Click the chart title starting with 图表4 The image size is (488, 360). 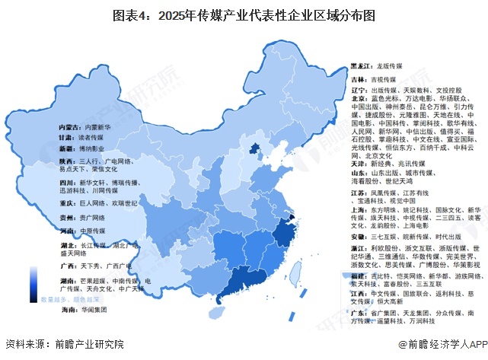click(244, 14)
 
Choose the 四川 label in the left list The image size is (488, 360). click(66, 183)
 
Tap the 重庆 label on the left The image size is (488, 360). click(66, 204)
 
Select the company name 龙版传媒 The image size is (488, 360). click(371, 66)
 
